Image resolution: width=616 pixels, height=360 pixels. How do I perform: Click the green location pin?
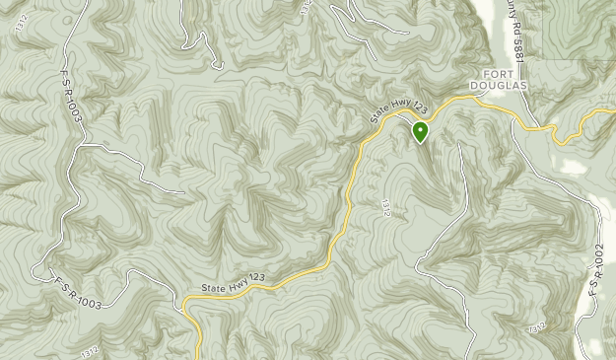pos(421,132)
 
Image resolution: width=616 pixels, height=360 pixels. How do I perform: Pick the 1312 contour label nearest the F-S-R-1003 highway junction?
pos(90,350)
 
